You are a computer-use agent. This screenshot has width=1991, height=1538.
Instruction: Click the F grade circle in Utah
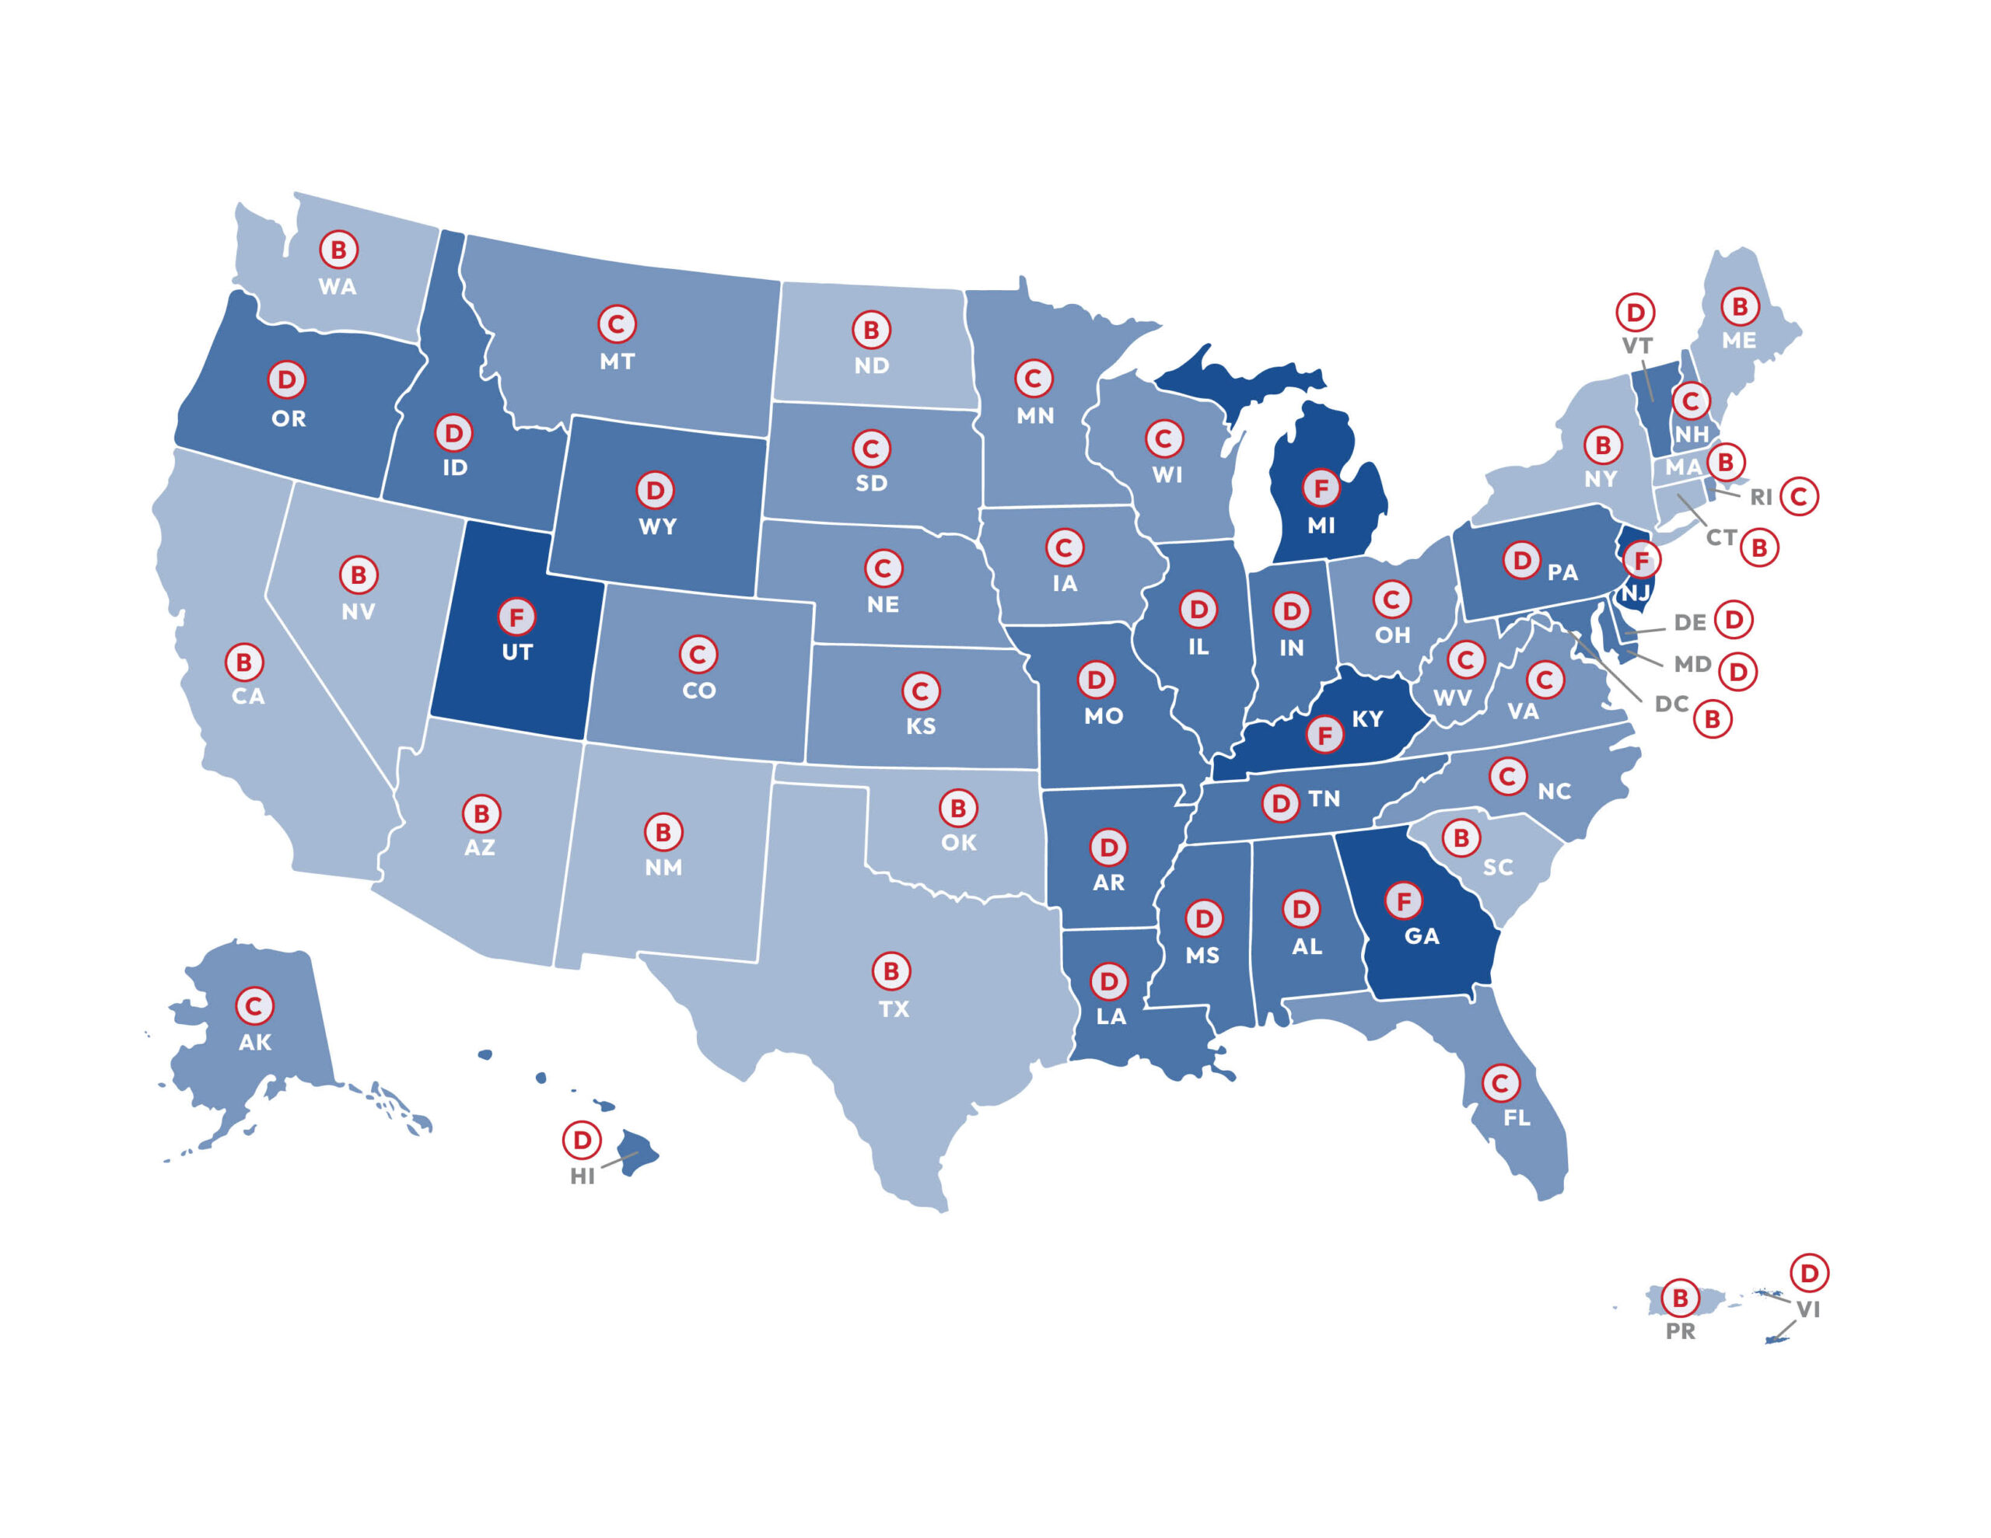516,617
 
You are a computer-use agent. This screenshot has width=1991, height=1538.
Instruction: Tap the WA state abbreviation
338,286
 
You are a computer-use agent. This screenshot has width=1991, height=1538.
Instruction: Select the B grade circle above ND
870,330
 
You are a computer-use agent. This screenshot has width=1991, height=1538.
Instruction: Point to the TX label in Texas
894,1009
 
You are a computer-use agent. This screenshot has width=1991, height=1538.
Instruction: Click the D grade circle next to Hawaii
581,1140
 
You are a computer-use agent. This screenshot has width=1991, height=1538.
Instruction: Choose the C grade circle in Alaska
254,1006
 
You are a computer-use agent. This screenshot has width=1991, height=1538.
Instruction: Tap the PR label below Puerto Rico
1680,1331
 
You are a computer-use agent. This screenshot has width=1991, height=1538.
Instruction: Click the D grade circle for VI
1809,1273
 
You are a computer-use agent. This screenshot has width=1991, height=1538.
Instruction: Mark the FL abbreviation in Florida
1516,1117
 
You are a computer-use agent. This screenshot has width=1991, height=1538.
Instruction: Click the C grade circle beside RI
1799,497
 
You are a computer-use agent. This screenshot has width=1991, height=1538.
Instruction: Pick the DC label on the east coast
1671,704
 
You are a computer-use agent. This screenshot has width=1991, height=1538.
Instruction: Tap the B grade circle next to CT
1759,548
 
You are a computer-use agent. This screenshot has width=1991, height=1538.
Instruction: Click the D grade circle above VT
1636,313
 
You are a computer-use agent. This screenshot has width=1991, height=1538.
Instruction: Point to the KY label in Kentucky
1366,719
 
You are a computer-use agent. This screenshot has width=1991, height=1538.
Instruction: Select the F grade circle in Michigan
1320,488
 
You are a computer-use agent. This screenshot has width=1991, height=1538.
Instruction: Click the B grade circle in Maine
1739,306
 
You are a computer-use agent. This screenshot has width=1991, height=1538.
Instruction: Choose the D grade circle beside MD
1737,672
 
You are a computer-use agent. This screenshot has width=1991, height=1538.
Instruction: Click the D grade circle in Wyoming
655,491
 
